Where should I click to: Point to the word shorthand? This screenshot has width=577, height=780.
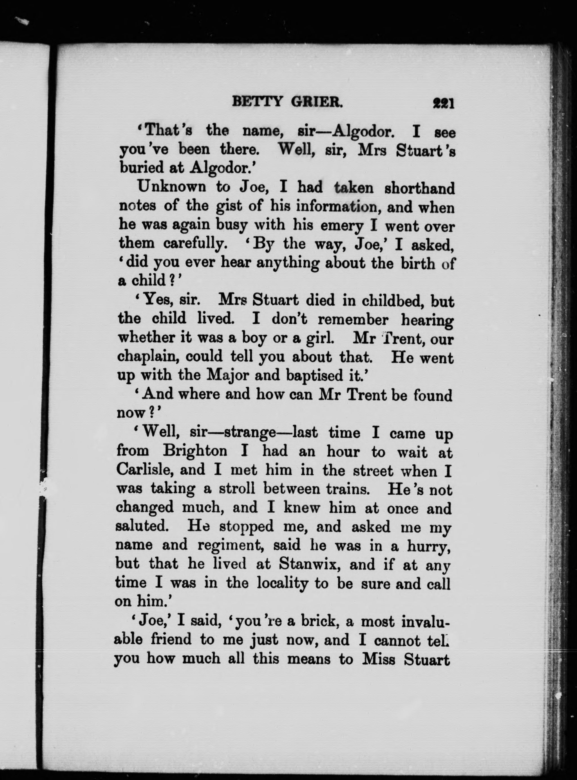pyautogui.click(x=419, y=188)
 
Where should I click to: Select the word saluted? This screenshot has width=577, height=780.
pyautogui.click(x=142, y=526)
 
